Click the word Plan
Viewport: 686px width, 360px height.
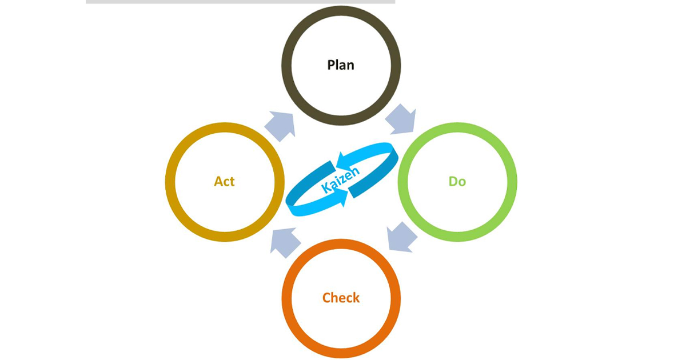point(341,65)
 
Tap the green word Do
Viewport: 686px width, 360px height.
point(457,182)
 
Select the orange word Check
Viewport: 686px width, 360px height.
point(341,298)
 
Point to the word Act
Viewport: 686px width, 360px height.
point(224,182)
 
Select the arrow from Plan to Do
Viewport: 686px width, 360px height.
point(400,118)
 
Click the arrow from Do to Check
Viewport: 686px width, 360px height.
point(401,237)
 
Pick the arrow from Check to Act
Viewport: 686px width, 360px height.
point(285,242)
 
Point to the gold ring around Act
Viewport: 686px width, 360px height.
point(170,182)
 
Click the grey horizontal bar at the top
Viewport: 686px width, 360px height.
point(240,2)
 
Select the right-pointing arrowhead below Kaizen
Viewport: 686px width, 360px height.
point(341,198)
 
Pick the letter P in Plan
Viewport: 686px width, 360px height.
point(331,65)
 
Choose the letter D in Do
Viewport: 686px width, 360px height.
point(453,182)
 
